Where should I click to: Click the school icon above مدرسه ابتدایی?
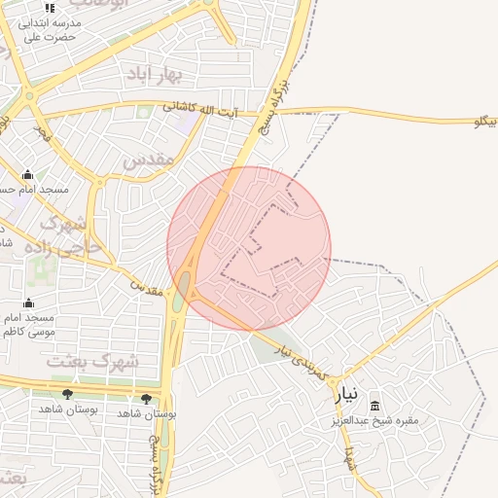pos(50,9)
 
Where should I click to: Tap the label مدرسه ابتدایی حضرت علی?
pos(50,29)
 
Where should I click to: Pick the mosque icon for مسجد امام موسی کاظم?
pos(28,302)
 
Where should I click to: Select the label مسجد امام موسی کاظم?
pos(29,325)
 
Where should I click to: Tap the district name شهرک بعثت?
pos(93,361)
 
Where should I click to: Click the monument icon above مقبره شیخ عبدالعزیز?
pos(375,405)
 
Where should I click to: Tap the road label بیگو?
pos(484,122)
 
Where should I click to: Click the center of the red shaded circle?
pos(249,248)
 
